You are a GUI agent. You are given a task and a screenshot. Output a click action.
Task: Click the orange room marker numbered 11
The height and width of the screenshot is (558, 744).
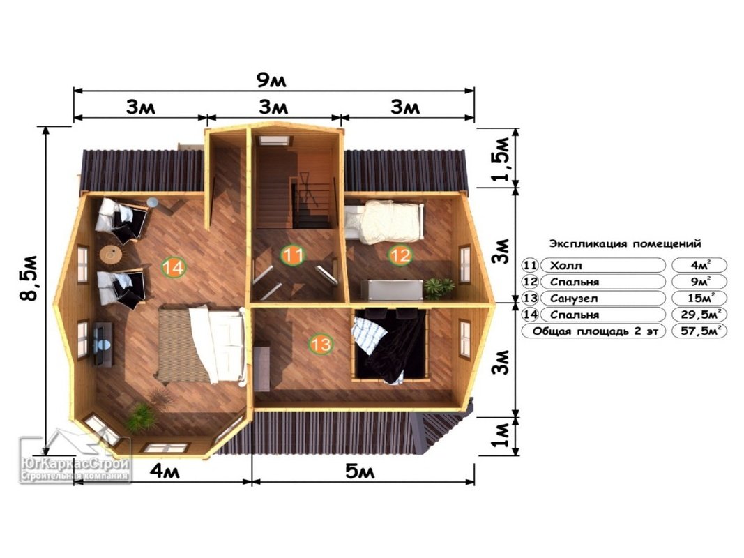click(x=293, y=255)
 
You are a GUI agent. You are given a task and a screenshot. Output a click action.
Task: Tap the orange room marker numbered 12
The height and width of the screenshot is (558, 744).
click(x=400, y=255)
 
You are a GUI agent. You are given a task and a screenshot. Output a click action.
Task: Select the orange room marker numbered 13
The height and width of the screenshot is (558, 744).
click(x=320, y=344)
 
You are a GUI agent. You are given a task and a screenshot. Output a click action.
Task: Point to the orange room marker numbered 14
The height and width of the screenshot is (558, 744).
click(x=174, y=267)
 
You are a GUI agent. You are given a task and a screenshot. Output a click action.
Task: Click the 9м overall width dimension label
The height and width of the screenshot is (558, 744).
click(x=271, y=80)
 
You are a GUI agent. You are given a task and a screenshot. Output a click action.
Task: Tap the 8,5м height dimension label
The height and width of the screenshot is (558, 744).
click(x=29, y=278)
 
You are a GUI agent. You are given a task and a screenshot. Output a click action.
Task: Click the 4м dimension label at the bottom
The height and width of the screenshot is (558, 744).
click(x=165, y=472)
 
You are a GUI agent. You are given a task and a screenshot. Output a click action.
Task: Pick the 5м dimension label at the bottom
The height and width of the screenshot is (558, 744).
click(x=360, y=472)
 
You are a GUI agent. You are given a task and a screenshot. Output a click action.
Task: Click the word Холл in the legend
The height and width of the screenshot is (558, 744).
click(x=565, y=266)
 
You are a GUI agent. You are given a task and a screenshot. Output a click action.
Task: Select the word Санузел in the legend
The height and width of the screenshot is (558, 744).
click(x=574, y=299)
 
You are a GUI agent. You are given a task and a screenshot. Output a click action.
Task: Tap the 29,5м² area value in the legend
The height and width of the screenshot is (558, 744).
click(x=700, y=314)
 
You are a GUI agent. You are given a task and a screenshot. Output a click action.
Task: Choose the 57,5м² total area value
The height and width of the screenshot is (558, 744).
click(x=700, y=331)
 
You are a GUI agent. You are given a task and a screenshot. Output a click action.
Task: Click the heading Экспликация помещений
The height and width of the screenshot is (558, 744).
click(x=625, y=244)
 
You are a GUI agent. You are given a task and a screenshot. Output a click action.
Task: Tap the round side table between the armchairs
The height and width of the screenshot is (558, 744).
click(x=111, y=255)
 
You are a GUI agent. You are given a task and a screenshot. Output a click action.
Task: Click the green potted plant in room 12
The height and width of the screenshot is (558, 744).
click(x=438, y=287)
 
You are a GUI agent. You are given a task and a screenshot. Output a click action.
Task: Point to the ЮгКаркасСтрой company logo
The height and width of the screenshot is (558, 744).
click(x=75, y=460)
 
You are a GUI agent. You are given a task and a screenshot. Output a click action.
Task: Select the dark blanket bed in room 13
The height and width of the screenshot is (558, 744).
click(x=390, y=345)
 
